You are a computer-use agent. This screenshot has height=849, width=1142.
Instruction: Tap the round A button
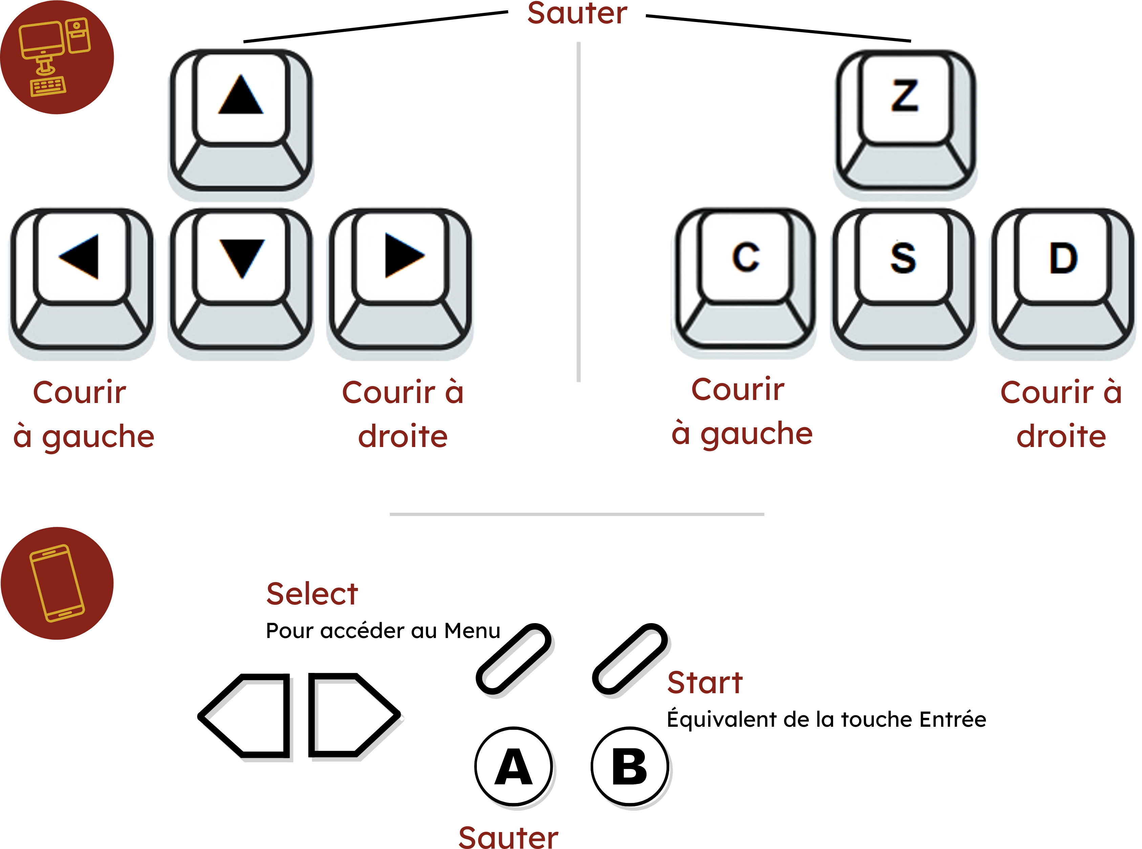[x=514, y=767]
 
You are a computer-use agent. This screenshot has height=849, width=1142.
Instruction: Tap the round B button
[x=631, y=767]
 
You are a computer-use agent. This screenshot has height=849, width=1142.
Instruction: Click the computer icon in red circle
[x=57, y=57]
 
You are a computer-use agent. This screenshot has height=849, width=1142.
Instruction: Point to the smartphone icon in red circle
[x=57, y=583]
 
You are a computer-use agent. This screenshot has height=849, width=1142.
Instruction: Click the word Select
[x=312, y=595]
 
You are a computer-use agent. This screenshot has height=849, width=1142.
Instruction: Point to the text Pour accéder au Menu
[x=383, y=631]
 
